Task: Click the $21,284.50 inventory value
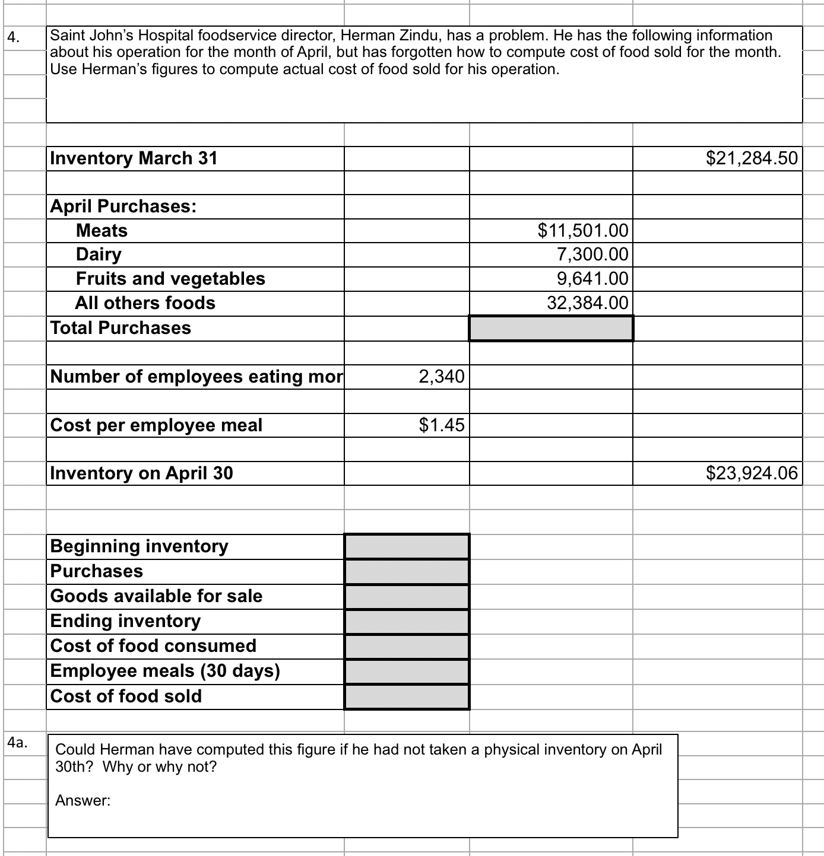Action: (752, 158)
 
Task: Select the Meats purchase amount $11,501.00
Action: (582, 230)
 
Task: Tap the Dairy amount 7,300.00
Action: (592, 254)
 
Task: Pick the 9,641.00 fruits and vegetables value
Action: (592, 278)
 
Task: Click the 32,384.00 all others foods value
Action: (587, 303)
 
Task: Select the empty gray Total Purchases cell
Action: (551, 328)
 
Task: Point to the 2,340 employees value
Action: (441, 376)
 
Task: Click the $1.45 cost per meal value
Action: (441, 425)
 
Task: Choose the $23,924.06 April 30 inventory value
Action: (752, 473)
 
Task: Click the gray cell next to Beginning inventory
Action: (407, 546)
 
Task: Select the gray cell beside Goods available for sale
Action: (407, 596)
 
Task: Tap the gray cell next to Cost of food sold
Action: (407, 696)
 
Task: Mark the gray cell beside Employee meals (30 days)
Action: (407, 671)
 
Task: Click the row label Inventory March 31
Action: (134, 158)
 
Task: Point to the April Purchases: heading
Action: (123, 206)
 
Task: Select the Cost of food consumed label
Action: (153, 645)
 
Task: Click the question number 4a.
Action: (17, 743)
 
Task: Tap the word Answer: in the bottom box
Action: (83, 801)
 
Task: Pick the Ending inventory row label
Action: (125, 620)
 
